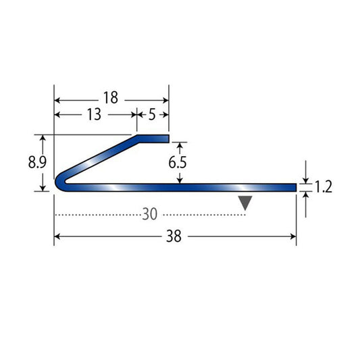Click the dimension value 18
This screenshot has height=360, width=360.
coord(111,97)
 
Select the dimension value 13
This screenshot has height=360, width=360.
coord(94,114)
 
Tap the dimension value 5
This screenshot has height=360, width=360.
coord(152,114)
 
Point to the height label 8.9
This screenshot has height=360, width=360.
coord(37,162)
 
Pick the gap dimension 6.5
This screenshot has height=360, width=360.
coord(178,163)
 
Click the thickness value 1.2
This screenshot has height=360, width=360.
coord(324,186)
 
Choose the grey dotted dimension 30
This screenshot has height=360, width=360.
coord(150,214)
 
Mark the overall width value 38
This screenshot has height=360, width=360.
coord(174,236)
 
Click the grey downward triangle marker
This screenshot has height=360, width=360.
coord(245,202)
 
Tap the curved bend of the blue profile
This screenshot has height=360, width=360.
coord(59,182)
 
